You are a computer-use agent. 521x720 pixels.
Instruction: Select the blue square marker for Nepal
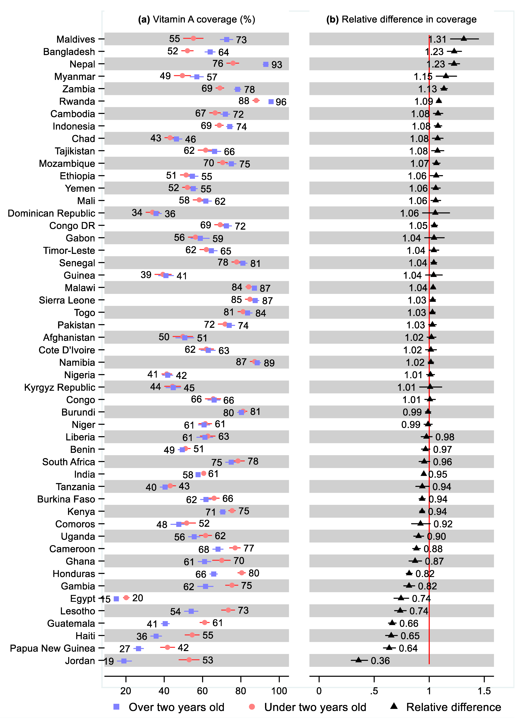coord(266,64)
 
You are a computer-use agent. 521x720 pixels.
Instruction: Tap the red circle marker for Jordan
coord(189,660)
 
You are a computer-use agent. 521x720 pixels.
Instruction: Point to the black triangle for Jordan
coord(358,660)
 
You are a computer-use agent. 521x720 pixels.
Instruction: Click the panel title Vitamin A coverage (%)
coord(197,19)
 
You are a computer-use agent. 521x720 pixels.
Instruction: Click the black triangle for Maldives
coord(464,38)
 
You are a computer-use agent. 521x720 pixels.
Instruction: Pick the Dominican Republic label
coord(51,213)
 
